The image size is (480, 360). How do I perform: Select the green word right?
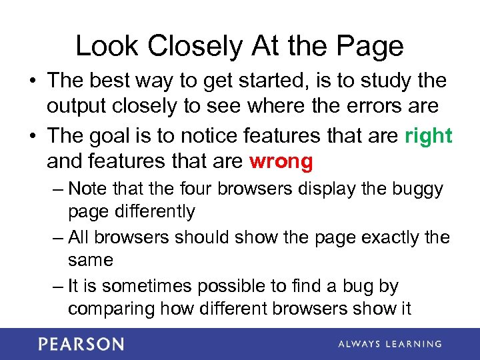[x=429, y=136]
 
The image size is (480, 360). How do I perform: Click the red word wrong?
[x=281, y=161]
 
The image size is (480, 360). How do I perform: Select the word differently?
[x=152, y=212]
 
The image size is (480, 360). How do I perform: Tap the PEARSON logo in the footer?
[x=81, y=344]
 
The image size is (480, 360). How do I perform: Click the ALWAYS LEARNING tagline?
[x=390, y=344]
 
